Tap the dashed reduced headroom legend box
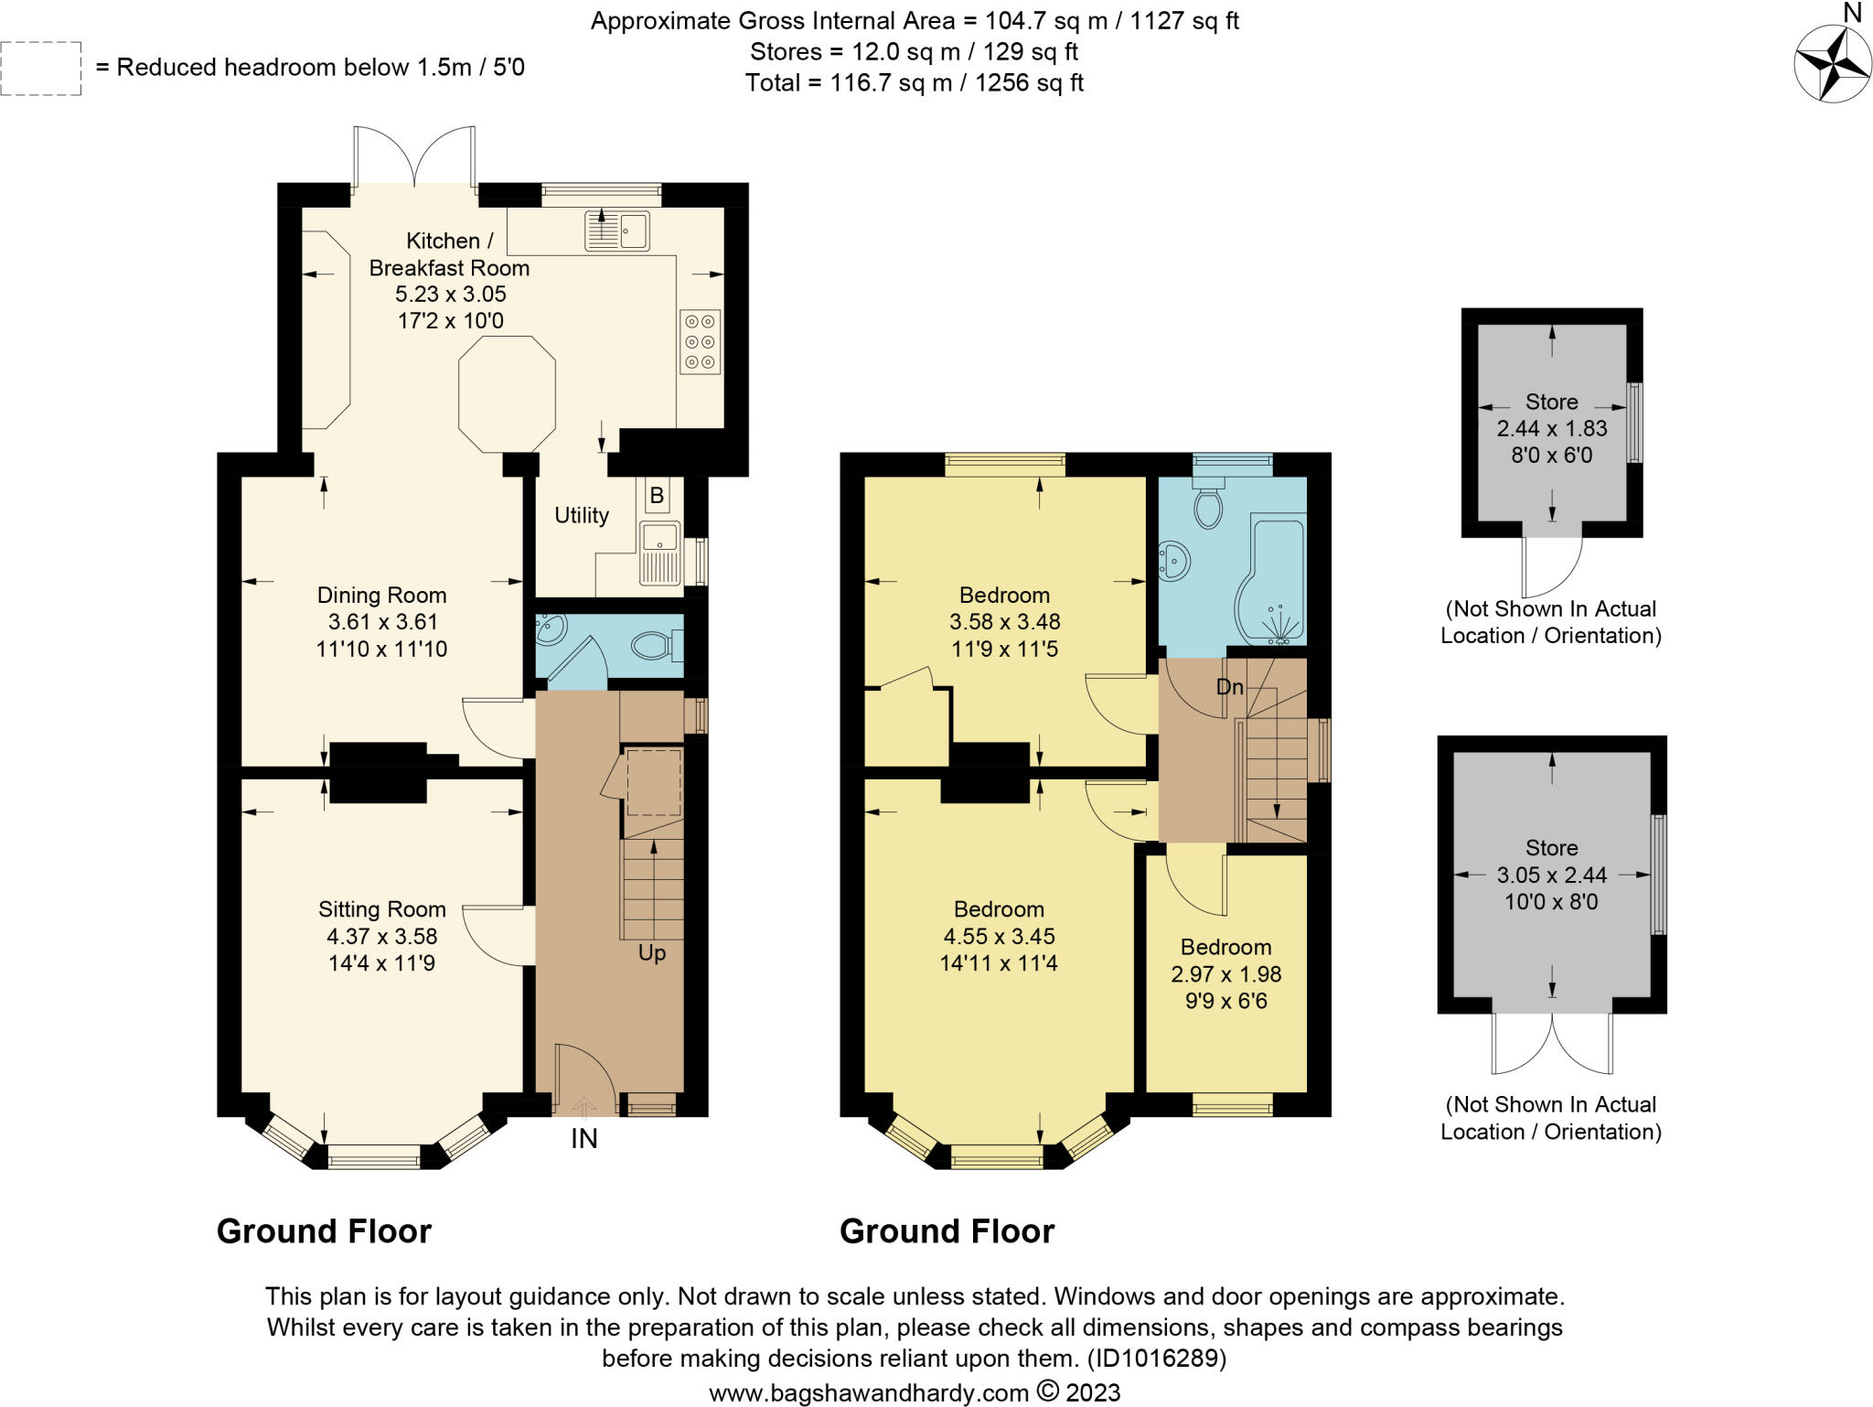pos(41,68)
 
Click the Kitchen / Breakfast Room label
pos(449,254)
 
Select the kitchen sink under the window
pos(617,231)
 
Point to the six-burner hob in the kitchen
pos(701,342)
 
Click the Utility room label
pos(582,516)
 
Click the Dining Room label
pos(381,595)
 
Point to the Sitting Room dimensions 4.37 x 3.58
pos(382,936)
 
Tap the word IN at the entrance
pos(584,1139)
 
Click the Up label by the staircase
pos(652,953)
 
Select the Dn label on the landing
pos(1230,686)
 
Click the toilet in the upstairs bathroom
pos(1209,497)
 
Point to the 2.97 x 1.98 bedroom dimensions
pos(1226,974)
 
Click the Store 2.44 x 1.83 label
pos(1552,428)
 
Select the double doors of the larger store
pos(1552,1043)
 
